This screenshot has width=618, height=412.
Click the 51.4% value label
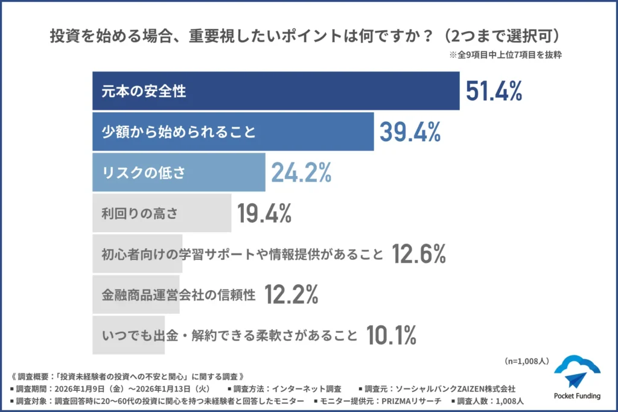[494, 91]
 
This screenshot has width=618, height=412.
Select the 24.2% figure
[301, 173]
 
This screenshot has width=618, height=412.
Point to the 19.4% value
[264, 213]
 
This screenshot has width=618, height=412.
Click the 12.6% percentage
[418, 254]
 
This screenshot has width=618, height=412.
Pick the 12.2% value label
[291, 294]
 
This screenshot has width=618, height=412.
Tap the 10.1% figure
[391, 335]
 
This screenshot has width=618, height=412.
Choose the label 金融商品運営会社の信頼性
[179, 294]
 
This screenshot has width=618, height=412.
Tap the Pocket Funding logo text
[577, 396]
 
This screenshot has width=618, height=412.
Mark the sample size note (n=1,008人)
[526, 361]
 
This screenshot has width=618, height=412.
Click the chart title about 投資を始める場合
[308, 36]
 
